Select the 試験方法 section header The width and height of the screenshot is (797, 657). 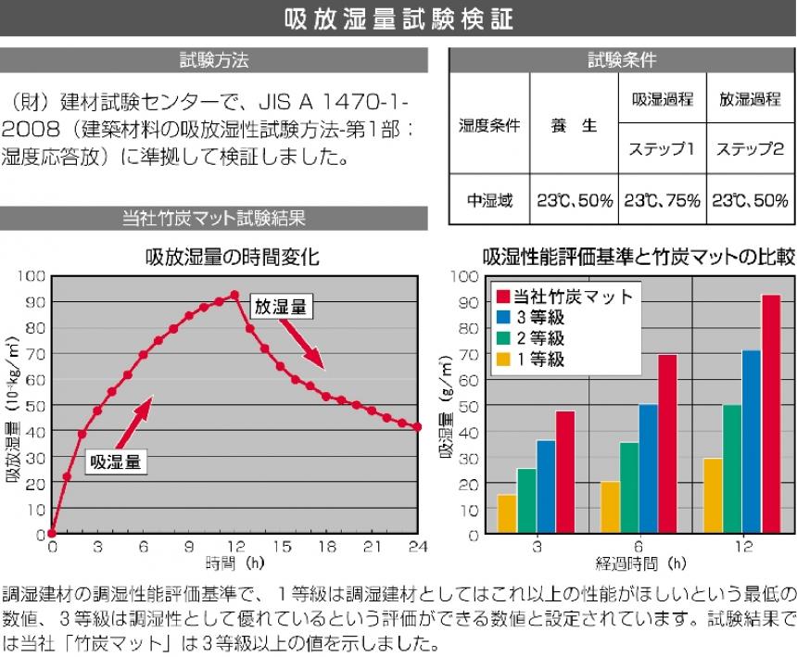click(x=214, y=61)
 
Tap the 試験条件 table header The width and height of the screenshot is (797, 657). click(x=622, y=60)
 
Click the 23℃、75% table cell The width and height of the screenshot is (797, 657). click(x=660, y=200)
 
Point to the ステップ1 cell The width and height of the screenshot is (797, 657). click(x=660, y=148)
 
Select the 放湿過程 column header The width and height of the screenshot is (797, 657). click(x=750, y=99)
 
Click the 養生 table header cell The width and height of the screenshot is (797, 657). click(x=575, y=125)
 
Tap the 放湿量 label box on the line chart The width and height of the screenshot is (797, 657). click(x=281, y=307)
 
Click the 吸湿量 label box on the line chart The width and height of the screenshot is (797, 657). click(x=116, y=461)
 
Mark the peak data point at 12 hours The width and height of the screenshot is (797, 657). click(x=234, y=295)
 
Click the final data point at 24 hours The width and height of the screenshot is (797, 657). click(x=418, y=427)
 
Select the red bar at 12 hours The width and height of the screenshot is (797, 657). click(x=770, y=414)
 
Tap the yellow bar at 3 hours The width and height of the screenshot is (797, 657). click(x=507, y=514)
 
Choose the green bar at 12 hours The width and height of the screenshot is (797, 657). click(x=731, y=469)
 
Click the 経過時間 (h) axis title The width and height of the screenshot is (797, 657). click(x=640, y=562)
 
